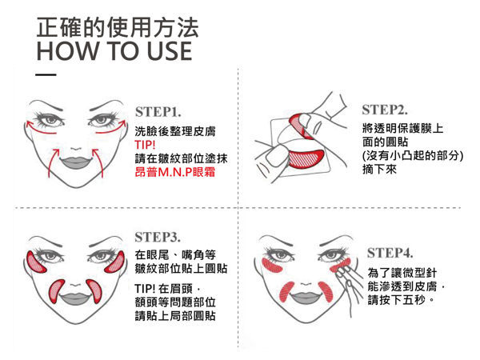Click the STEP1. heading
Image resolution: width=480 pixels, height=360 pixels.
point(158,112)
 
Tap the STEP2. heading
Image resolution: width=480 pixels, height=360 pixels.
point(385,110)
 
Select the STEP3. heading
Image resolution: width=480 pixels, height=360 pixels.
point(158,238)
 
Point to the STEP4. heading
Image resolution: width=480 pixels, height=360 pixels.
point(390,253)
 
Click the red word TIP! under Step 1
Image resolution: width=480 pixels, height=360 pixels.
point(145,145)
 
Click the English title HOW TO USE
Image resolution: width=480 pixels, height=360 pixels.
point(114,51)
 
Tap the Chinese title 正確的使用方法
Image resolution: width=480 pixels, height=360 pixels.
point(118,27)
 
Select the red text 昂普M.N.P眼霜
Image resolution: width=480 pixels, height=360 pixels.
point(174,172)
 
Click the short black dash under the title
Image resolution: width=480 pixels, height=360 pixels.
point(46,74)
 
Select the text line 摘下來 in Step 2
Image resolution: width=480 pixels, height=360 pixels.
point(379,169)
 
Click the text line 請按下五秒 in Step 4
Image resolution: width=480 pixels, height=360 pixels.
point(401,299)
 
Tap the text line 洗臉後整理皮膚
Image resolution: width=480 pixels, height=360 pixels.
point(175,131)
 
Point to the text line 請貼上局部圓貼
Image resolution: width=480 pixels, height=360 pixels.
point(175,316)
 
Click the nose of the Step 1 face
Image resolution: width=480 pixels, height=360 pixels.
point(76,148)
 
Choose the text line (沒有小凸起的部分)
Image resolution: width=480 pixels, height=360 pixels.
point(412,155)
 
